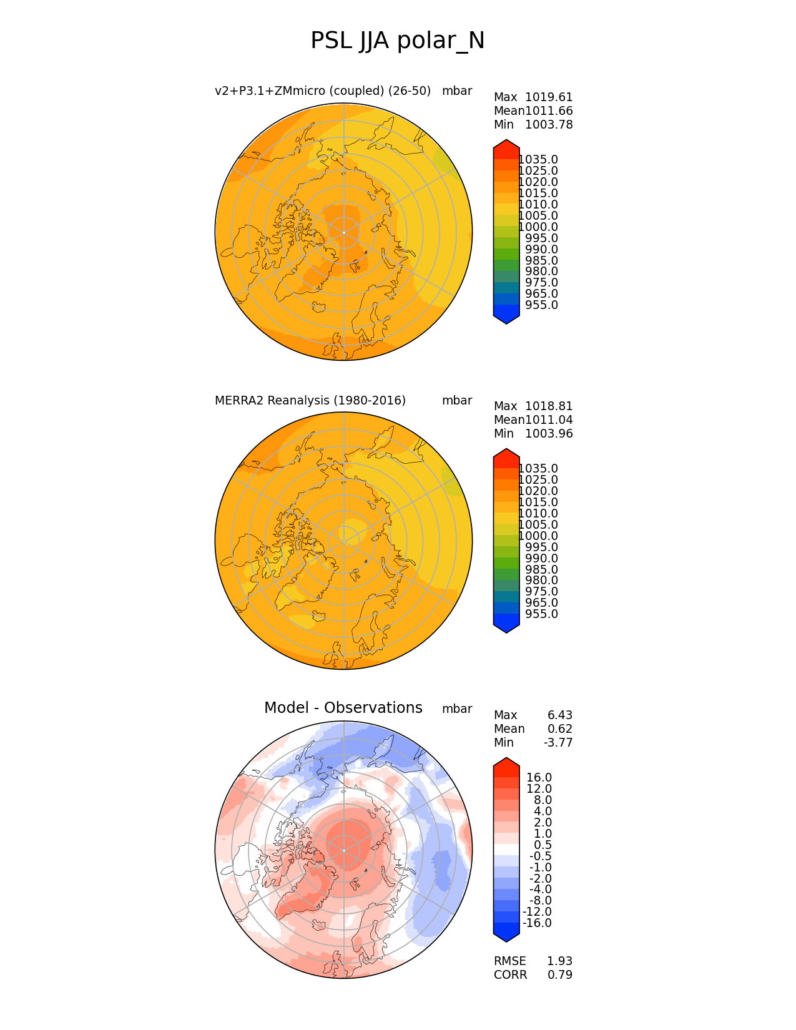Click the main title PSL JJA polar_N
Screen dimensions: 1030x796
(398, 41)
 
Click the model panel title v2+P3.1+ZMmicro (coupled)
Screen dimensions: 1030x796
(323, 91)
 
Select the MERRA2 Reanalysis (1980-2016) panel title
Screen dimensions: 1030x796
(310, 401)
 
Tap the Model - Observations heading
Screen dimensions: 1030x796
(343, 708)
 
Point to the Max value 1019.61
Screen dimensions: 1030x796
(549, 97)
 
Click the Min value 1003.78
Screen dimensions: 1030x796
(549, 125)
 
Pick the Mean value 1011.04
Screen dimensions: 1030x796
(549, 420)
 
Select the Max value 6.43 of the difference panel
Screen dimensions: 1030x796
(560, 715)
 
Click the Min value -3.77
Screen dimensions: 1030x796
(558, 743)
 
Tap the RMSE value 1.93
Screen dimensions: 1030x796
(560, 961)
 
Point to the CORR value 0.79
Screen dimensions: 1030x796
(560, 975)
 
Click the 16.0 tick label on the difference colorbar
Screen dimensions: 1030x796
(539, 778)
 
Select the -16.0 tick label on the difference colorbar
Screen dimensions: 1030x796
(537, 923)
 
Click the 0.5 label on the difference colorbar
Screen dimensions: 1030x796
(542, 845)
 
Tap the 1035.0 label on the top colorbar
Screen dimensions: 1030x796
(538, 160)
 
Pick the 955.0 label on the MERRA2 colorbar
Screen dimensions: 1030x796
(541, 614)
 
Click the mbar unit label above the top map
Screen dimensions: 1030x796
(457, 91)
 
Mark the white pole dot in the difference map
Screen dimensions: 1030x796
(344, 850)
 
